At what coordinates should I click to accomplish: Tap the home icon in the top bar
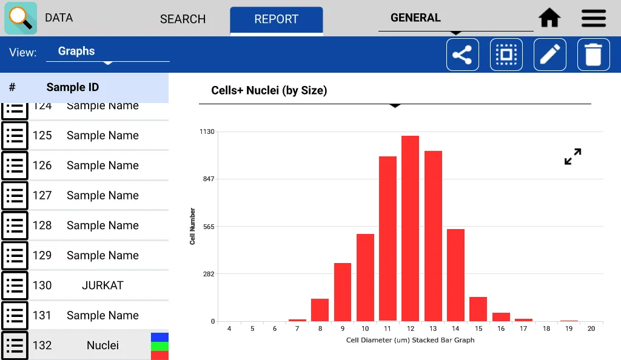click(x=549, y=18)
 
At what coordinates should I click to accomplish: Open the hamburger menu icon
click(x=594, y=18)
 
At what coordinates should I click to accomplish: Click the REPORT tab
click(x=276, y=19)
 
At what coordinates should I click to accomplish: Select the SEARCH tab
click(x=183, y=19)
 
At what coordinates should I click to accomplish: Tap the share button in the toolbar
click(x=462, y=55)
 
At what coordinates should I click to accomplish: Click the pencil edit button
click(x=549, y=55)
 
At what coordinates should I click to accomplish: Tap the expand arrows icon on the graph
click(x=572, y=157)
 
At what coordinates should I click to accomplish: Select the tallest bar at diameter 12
click(x=410, y=228)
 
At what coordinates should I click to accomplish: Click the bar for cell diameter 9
click(x=343, y=292)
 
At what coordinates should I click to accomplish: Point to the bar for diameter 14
click(x=455, y=275)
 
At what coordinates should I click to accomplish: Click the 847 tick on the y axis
click(x=208, y=179)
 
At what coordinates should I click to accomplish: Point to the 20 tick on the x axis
click(x=591, y=328)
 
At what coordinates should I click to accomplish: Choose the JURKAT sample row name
click(x=102, y=285)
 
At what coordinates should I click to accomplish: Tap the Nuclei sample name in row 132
click(x=102, y=345)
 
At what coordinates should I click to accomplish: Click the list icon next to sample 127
click(x=15, y=195)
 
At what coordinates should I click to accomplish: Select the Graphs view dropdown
click(x=107, y=52)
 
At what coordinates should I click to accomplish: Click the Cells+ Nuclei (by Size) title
click(x=269, y=91)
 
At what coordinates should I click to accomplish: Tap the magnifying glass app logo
click(x=21, y=18)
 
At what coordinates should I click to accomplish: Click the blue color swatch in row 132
click(x=159, y=336)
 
